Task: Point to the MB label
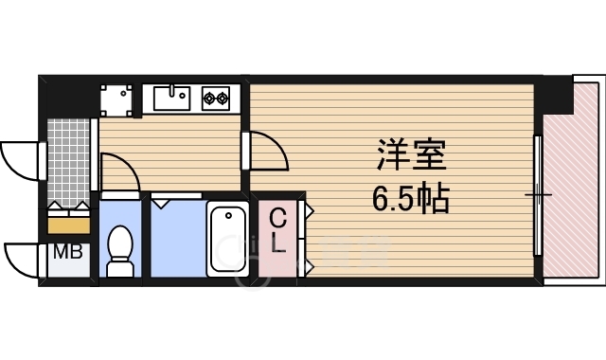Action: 65,253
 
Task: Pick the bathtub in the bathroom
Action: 227,241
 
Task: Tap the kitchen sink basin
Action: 170,97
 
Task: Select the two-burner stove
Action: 214,97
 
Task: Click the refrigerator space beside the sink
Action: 118,98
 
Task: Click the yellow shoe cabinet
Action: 68,225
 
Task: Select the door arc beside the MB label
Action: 23,256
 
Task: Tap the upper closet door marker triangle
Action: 308,208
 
